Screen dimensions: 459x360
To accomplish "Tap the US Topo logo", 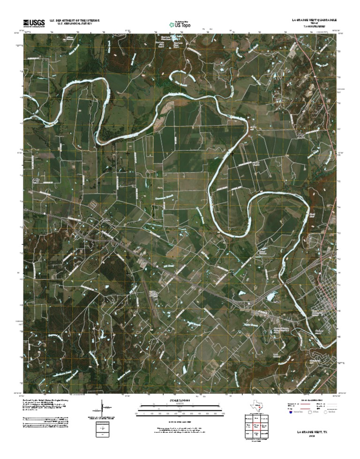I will [180, 24].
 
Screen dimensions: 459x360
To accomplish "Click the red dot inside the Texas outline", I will [258, 408].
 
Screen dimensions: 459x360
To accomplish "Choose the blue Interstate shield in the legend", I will [291, 413].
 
